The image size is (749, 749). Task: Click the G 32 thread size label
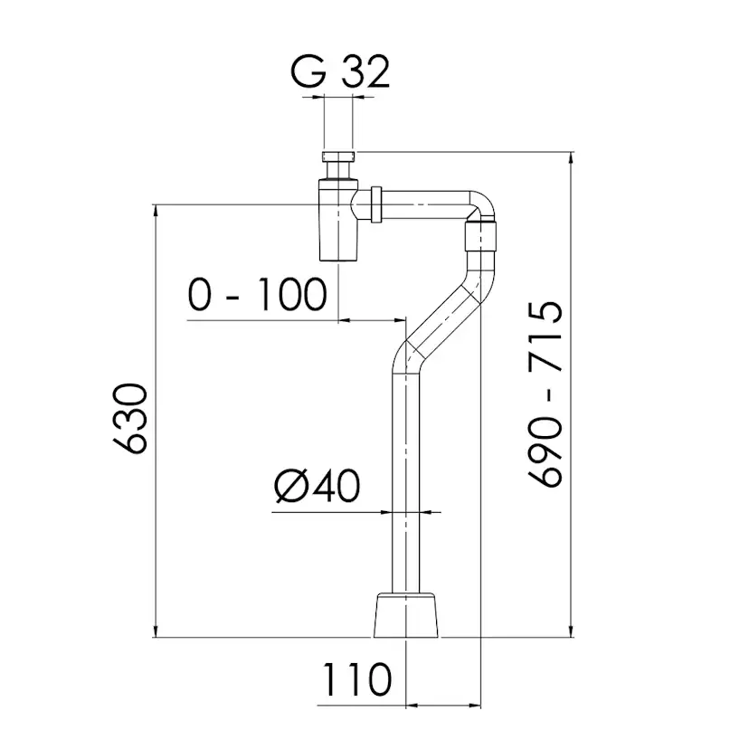pyautogui.click(x=341, y=71)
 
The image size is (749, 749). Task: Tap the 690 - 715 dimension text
pyautogui.click(x=547, y=395)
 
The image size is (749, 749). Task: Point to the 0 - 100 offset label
pyautogui.click(x=256, y=294)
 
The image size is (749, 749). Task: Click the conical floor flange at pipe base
pyautogui.click(x=407, y=615)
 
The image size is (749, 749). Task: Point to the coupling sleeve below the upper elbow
pyautogui.click(x=481, y=239)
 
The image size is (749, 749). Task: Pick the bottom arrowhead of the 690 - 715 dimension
pyautogui.click(x=571, y=630)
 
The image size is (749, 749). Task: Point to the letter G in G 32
pyautogui.click(x=308, y=71)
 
